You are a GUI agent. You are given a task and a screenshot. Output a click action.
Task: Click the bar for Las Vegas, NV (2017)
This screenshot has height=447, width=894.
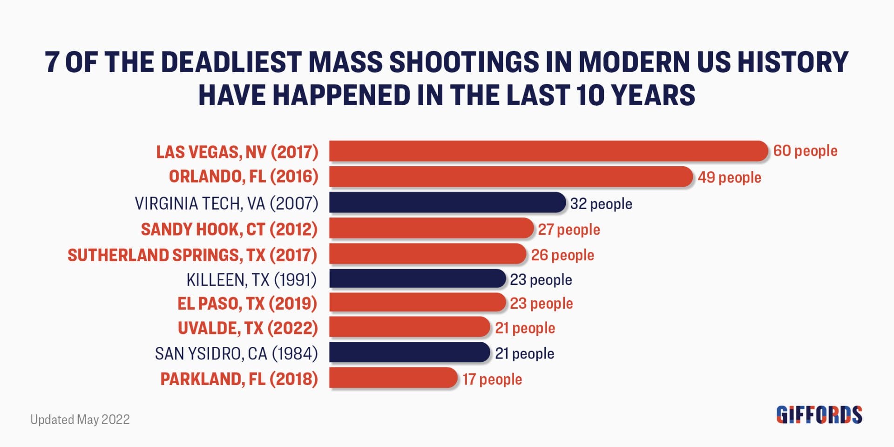(x=548, y=151)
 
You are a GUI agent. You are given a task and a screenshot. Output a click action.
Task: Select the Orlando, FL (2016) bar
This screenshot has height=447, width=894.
(x=511, y=177)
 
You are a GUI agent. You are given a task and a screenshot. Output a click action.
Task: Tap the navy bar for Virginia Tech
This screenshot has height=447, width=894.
(x=447, y=203)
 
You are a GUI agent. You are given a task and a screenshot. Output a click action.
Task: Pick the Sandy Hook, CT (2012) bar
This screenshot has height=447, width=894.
(x=431, y=228)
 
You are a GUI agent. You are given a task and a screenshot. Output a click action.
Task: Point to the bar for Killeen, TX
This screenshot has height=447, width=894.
(x=417, y=279)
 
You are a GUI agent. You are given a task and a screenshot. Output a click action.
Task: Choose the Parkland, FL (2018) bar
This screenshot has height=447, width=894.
(x=393, y=378)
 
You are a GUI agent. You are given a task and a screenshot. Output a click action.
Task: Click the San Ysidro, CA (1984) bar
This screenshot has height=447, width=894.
(x=410, y=352)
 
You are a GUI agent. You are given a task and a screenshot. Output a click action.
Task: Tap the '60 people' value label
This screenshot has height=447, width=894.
(x=805, y=151)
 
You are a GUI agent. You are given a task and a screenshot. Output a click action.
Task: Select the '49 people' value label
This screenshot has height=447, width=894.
(x=729, y=177)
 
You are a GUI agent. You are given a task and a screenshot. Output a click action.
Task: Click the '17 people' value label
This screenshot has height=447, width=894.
(x=492, y=379)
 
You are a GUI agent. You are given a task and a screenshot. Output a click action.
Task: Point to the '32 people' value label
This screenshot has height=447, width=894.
(x=601, y=204)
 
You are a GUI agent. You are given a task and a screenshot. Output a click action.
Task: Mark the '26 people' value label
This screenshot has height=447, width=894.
(x=562, y=255)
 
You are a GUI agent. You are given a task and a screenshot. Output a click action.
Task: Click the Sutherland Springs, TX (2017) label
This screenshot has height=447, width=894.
(x=192, y=255)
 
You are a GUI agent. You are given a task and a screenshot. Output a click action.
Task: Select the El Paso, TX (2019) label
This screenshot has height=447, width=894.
(x=247, y=304)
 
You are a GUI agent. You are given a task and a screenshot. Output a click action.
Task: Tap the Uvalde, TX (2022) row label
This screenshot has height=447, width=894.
(x=248, y=328)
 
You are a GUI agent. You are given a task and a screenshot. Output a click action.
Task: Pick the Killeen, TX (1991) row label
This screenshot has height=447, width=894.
(x=251, y=279)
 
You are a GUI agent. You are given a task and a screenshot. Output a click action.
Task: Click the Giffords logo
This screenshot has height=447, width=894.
(x=819, y=415)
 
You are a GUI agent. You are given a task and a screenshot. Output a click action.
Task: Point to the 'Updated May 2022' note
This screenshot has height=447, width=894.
(x=80, y=420)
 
